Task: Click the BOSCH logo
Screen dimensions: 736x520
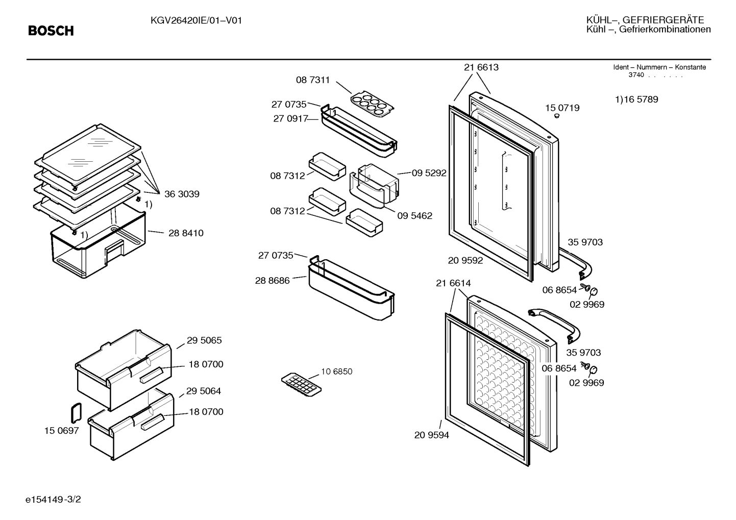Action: click(x=51, y=31)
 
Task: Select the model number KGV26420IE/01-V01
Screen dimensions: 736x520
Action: click(x=196, y=21)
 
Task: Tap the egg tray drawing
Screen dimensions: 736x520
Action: click(x=372, y=104)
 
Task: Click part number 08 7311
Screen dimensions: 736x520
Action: click(x=313, y=80)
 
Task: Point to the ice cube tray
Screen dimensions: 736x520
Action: click(x=301, y=384)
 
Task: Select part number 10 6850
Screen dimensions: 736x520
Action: click(x=336, y=372)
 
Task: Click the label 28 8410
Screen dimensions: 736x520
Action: click(x=186, y=233)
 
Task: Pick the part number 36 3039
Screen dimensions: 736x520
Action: click(x=182, y=194)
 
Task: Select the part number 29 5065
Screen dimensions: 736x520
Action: click(x=204, y=340)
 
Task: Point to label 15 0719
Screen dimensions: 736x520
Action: click(x=562, y=108)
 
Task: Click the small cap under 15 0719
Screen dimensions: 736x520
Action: click(x=557, y=116)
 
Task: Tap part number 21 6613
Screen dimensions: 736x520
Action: click(x=481, y=67)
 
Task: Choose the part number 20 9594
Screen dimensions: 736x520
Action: click(x=431, y=435)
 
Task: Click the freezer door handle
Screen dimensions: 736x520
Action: click(x=555, y=323)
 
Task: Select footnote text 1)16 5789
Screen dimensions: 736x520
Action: click(x=636, y=99)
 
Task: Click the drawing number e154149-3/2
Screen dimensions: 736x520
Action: click(x=53, y=499)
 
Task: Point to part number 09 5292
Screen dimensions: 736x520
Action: click(x=429, y=173)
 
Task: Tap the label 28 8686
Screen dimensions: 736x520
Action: click(x=273, y=281)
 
